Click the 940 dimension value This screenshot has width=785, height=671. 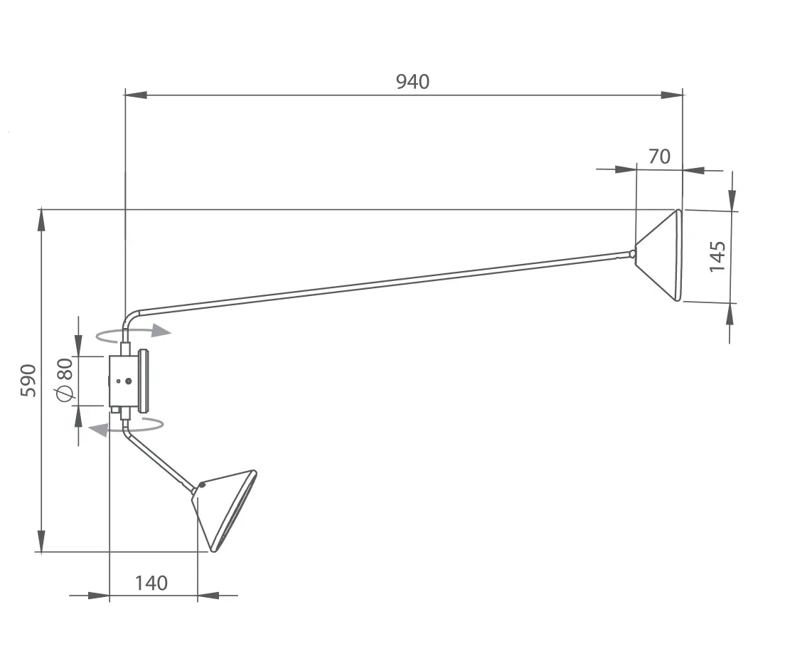(x=412, y=82)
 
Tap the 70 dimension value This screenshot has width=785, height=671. (x=659, y=157)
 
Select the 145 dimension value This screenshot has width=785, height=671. (x=717, y=256)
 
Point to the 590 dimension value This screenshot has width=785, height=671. (x=28, y=381)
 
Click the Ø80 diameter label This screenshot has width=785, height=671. (x=65, y=380)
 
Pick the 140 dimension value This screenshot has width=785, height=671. (x=151, y=583)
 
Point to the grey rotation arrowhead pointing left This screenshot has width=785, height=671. (x=98, y=429)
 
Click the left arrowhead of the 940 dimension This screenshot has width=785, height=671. (x=136, y=95)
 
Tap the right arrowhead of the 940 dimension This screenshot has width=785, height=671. (x=672, y=95)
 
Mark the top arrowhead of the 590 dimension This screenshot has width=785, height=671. (x=41, y=221)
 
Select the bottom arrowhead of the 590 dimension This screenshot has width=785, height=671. (x=41, y=541)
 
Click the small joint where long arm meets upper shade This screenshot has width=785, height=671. (x=632, y=253)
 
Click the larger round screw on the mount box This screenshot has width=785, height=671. (x=129, y=381)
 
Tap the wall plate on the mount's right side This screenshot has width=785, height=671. (x=144, y=381)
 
